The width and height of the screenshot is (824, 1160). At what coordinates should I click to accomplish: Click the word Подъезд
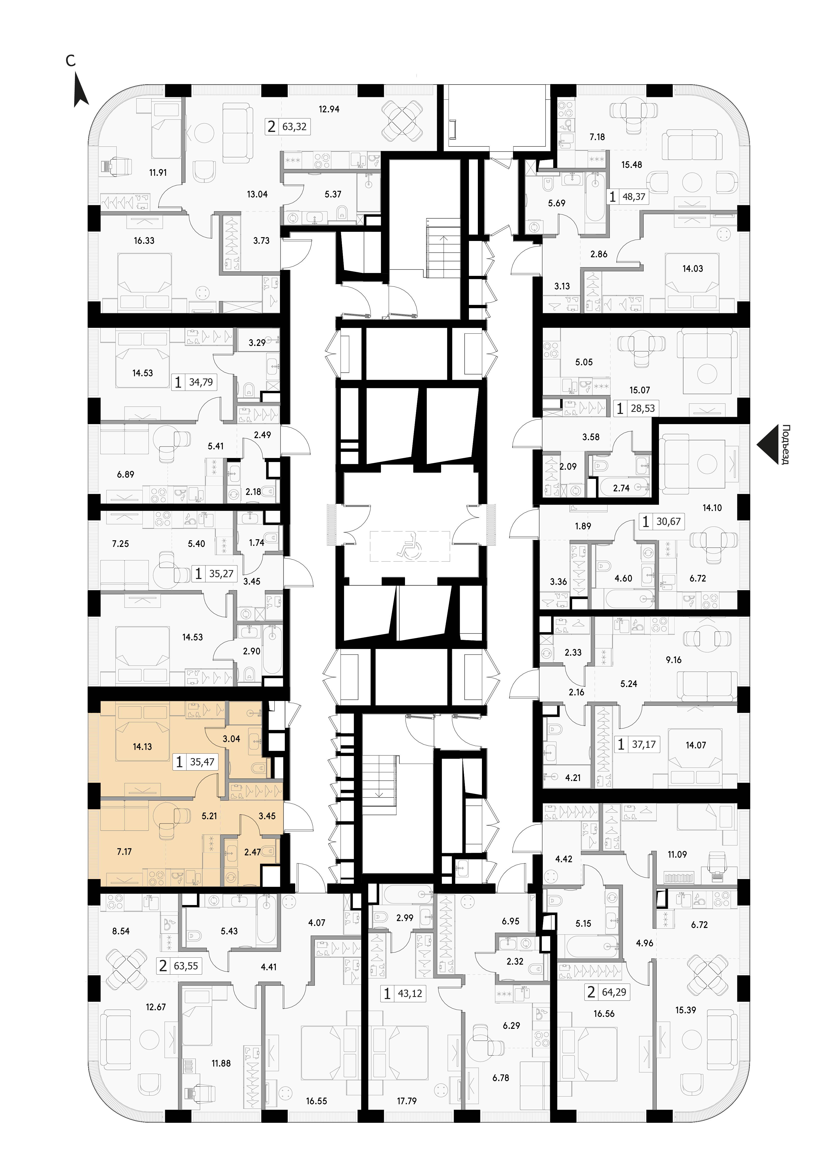pos(786,445)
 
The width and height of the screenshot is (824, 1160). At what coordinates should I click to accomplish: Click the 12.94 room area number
pos(329,109)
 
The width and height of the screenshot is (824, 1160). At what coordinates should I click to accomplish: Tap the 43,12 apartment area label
pos(410,994)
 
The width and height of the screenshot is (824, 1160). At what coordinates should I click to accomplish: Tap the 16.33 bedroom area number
pos(144,240)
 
